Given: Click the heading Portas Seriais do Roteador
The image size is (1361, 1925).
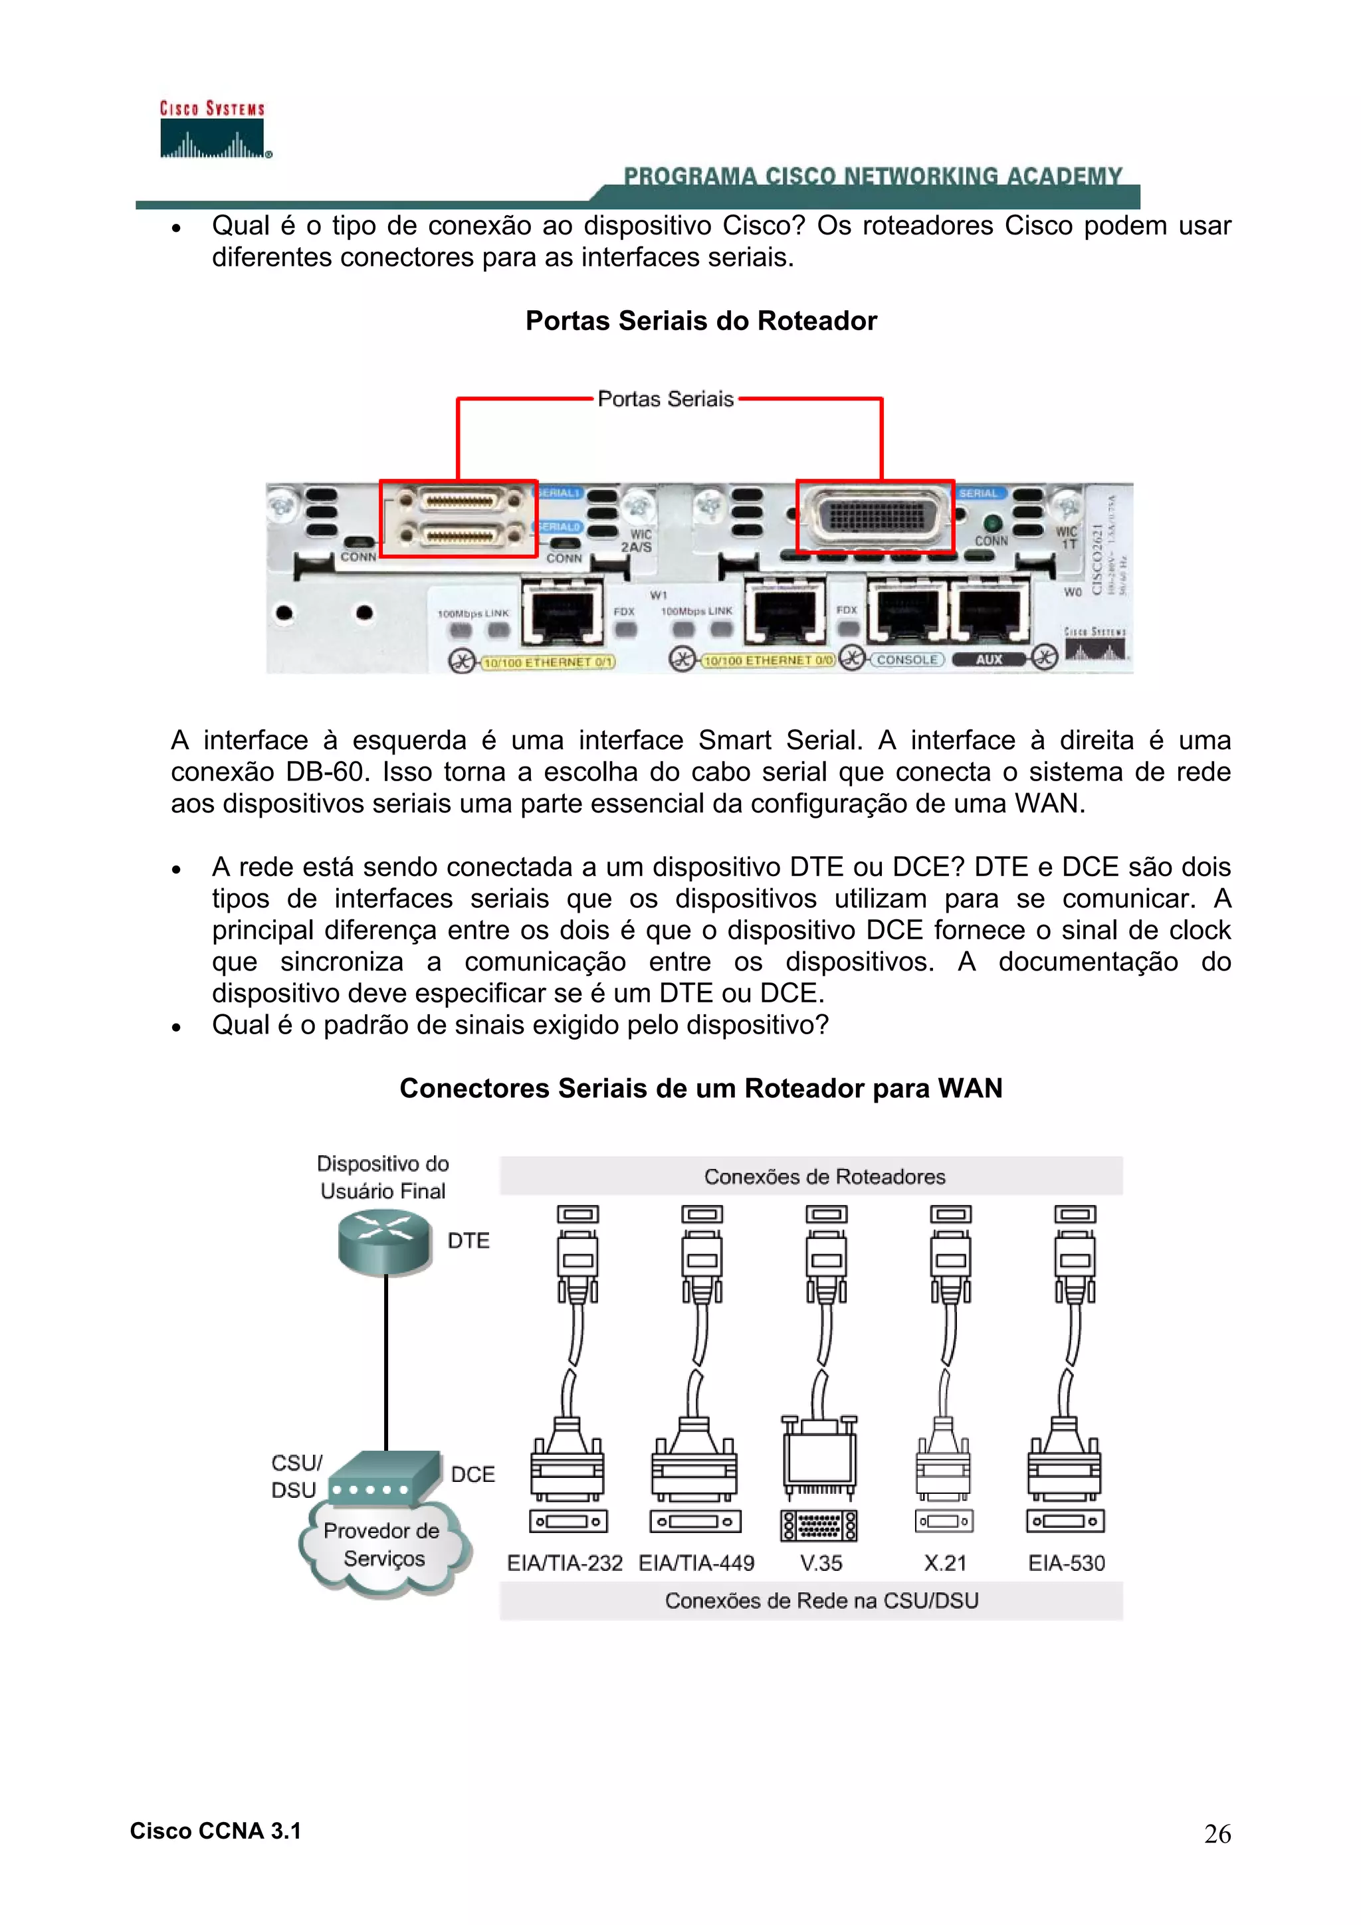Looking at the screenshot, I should click(x=700, y=320).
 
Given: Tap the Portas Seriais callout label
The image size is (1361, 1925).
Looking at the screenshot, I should click(x=665, y=399).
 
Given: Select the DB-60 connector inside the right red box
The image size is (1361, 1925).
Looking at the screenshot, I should click(x=877, y=515).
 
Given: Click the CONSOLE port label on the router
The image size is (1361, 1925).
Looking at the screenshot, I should click(x=906, y=660).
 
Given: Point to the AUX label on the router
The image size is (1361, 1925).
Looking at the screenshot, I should click(x=989, y=660).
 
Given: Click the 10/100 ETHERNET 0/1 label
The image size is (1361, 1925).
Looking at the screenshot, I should click(x=548, y=662).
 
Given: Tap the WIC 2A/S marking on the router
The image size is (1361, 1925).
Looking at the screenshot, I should click(x=637, y=541).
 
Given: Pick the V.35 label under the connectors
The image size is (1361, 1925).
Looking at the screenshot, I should click(x=820, y=1563).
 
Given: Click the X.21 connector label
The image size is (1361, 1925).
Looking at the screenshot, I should click(x=945, y=1563).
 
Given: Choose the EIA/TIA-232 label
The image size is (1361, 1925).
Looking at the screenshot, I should click(x=564, y=1563).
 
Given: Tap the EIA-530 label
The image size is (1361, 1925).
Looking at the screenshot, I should click(x=1066, y=1563).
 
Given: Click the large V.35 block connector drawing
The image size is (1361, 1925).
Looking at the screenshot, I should click(x=819, y=1459).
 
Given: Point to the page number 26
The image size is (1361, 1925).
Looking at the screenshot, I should click(x=1217, y=1835).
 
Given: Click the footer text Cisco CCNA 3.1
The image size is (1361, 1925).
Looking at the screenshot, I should click(x=215, y=1831).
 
